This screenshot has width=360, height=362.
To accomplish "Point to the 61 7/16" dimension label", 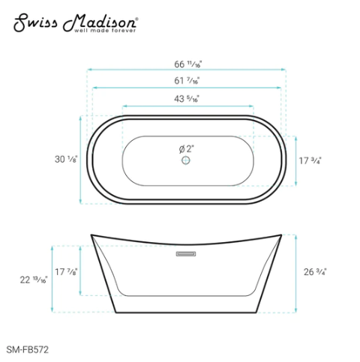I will [x=187, y=79].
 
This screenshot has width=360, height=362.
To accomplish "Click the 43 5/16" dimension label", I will [x=187, y=98].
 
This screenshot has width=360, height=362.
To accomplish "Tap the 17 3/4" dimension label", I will [x=310, y=160].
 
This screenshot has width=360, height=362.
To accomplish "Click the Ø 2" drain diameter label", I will [x=187, y=149].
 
